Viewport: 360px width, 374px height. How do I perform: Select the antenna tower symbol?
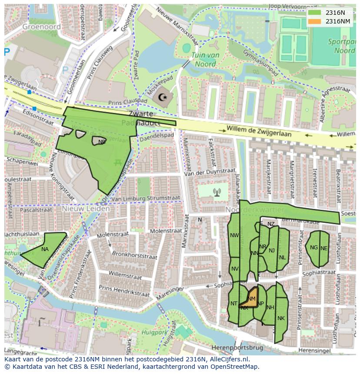[217, 191]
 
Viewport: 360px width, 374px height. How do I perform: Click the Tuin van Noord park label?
[205, 60]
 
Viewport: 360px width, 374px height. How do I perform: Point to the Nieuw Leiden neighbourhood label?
[86, 209]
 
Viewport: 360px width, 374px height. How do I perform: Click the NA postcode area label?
[45, 249]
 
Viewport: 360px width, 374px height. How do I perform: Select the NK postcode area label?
[281, 318]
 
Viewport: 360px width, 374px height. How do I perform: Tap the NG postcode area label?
[314, 248]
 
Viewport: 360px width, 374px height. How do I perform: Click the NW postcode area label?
[234, 235]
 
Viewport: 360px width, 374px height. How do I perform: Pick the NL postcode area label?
[283, 257]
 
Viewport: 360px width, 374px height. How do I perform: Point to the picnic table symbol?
[117, 162]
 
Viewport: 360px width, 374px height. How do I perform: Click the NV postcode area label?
[235, 268]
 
